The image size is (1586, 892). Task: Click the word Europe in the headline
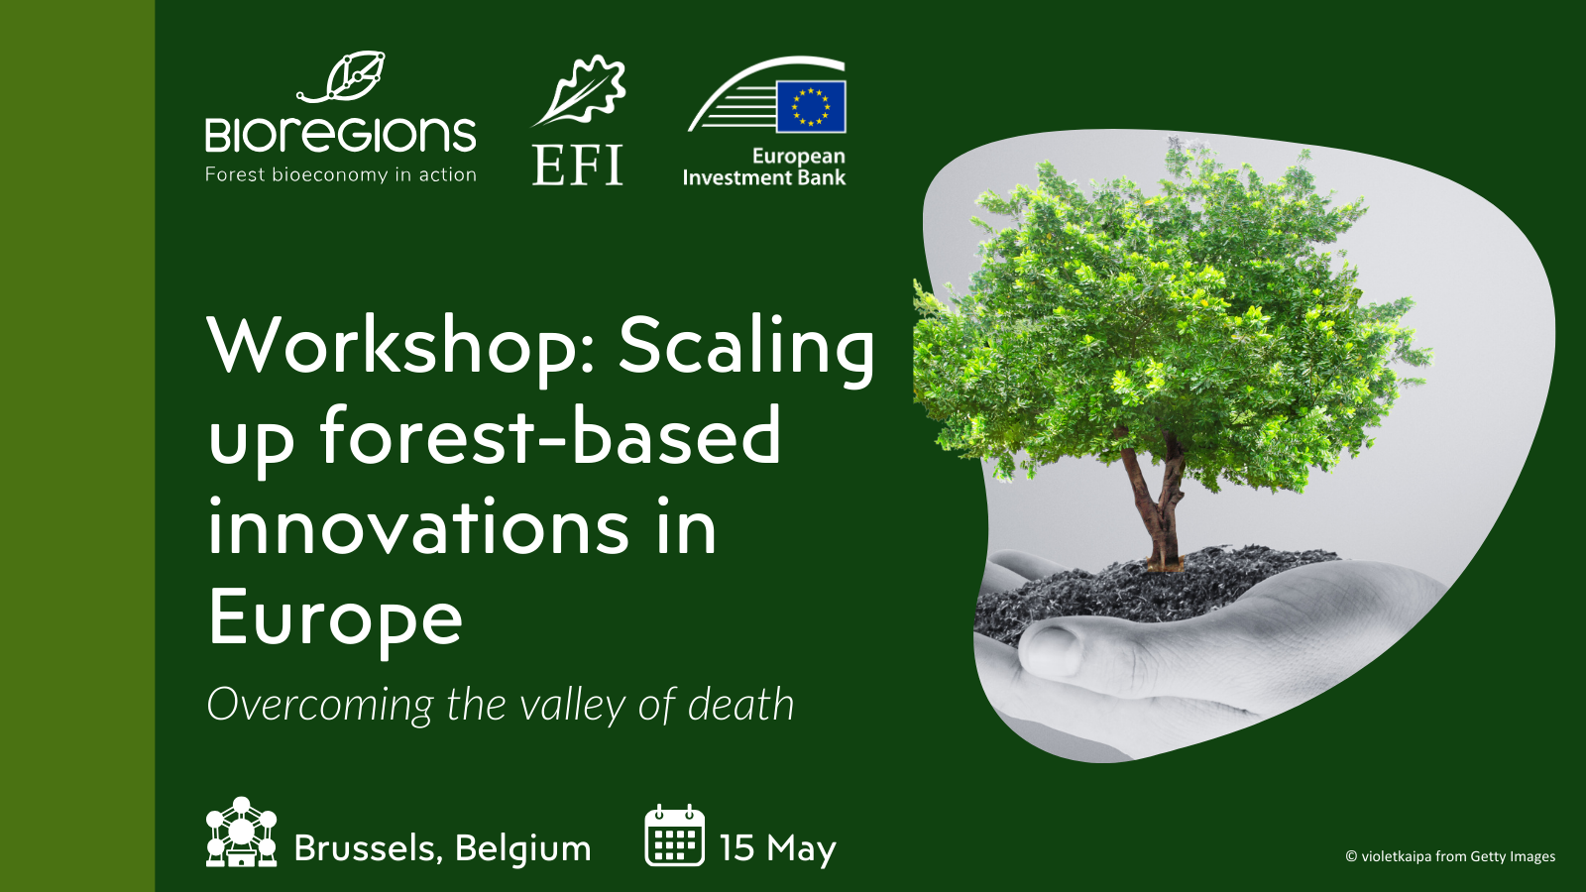pos(335,617)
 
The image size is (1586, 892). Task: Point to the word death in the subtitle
pos(740,705)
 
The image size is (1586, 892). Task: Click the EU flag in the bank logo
pos(811,106)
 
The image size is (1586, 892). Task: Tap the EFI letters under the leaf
pos(577,166)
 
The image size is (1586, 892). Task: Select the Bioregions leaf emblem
pos(345,77)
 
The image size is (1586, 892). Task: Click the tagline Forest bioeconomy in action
pos(340,175)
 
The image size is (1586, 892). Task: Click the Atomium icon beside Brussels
pos(241,833)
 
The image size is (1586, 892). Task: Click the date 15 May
pos(777,848)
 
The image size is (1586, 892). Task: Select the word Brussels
pos(367,848)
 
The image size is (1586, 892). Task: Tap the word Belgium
pos(522,848)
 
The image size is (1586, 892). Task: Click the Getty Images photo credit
pos(1450,856)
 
